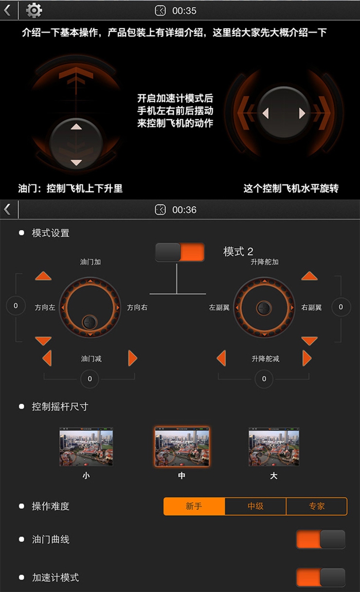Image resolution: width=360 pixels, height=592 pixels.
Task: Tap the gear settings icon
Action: pyautogui.click(x=33, y=10)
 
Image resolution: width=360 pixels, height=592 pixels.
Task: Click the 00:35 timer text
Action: pyautogui.click(x=184, y=11)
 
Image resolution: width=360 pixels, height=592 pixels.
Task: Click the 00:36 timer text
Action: pyautogui.click(x=184, y=210)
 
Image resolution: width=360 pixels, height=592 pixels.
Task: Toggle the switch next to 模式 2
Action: pyautogui.click(x=180, y=252)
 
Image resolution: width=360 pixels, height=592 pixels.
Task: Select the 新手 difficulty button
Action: pyautogui.click(x=194, y=506)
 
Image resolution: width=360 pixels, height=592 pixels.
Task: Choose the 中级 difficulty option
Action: pyautogui.click(x=256, y=506)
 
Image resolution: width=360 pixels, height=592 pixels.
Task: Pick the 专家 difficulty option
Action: pyautogui.click(x=317, y=506)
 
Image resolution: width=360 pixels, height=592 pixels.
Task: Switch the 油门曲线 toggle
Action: pyautogui.click(x=321, y=539)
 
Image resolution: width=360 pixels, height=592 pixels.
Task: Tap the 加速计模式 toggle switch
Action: pyautogui.click(x=321, y=577)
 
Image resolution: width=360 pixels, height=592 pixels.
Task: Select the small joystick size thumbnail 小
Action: pyautogui.click(x=86, y=447)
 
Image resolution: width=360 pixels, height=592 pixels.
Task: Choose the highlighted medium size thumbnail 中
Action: pyautogui.click(x=182, y=447)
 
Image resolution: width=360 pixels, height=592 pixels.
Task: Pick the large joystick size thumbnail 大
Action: pyautogui.click(x=274, y=447)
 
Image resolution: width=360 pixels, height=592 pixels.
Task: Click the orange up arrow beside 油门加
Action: pyautogui.click(x=43, y=275)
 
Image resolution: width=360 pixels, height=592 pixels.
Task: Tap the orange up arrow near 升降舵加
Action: pyautogui.click(x=310, y=275)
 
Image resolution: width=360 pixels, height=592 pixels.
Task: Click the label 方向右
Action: pyautogui.click(x=137, y=308)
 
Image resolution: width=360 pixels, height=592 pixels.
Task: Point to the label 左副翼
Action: pyautogui.click(x=220, y=308)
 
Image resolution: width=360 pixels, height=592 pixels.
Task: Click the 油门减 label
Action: pyautogui.click(x=91, y=359)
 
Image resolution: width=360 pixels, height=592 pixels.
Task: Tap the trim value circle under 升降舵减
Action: pyautogui.click(x=264, y=379)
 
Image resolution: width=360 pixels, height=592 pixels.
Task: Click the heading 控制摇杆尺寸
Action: pyautogui.click(x=60, y=406)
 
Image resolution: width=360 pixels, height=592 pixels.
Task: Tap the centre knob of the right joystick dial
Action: pyautogui.click(x=264, y=308)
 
